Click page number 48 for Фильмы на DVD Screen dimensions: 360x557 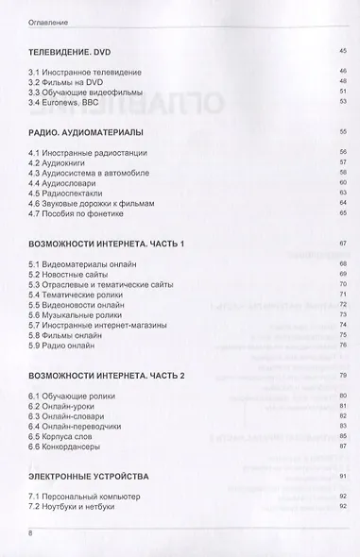343,80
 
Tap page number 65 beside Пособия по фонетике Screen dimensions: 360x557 343,214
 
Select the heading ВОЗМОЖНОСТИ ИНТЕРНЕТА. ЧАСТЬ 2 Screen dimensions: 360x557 107,377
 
